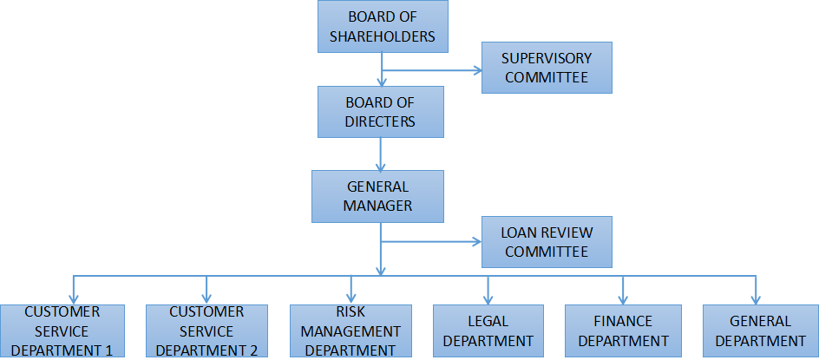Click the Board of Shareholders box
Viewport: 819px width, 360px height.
[x=382, y=27]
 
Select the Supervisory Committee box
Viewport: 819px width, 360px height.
[x=547, y=68]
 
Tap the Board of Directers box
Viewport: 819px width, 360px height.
[x=380, y=112]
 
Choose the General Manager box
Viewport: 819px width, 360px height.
[x=377, y=196]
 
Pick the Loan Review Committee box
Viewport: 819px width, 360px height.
[x=547, y=242]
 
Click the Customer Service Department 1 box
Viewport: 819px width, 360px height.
[x=62, y=331]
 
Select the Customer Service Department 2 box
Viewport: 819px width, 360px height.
[x=206, y=331]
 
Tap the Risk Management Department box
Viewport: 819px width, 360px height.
[x=351, y=331]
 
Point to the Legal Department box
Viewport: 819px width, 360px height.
[x=488, y=331]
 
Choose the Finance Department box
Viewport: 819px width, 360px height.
[x=623, y=331]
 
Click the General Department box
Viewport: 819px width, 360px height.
[x=760, y=331]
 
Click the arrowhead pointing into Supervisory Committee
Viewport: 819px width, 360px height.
[x=476, y=71]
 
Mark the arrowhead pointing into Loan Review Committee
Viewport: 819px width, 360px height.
[x=476, y=242]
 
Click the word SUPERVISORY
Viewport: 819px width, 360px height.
[x=547, y=59]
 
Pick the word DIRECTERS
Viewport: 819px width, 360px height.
[x=380, y=121]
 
